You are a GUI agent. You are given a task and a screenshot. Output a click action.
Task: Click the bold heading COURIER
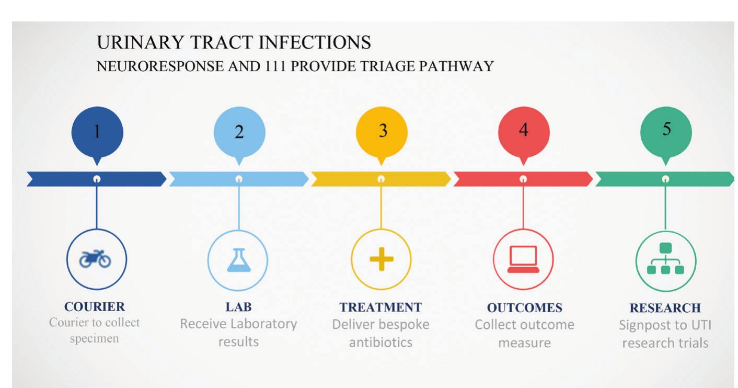pyautogui.click(x=95, y=306)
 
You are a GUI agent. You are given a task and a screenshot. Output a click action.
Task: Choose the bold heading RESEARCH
pyautogui.click(x=665, y=307)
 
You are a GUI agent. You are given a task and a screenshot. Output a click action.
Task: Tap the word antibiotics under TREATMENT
pyautogui.click(x=380, y=343)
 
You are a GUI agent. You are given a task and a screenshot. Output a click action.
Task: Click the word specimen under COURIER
pyautogui.click(x=95, y=338)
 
